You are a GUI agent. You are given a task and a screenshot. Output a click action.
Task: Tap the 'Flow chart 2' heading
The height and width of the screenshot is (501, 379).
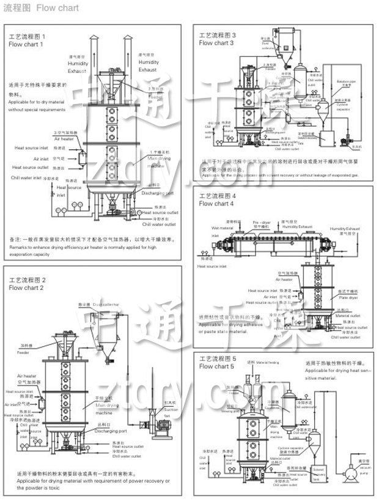(x=26, y=288)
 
